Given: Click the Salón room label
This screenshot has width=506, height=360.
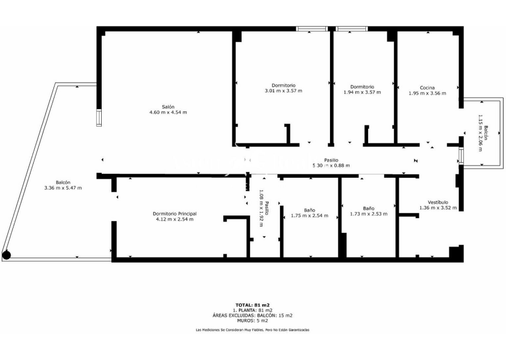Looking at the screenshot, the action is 168,107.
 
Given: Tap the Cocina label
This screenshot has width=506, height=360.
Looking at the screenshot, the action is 427,88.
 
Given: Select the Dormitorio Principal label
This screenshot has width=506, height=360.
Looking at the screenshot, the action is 175,214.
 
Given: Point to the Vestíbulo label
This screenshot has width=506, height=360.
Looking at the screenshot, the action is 438,202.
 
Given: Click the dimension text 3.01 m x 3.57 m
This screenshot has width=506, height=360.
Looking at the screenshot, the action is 283,91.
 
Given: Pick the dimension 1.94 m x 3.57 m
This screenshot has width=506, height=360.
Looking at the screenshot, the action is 362,92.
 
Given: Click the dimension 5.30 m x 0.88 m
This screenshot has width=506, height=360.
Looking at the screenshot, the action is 331,165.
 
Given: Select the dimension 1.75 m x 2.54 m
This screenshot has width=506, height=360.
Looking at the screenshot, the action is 309,215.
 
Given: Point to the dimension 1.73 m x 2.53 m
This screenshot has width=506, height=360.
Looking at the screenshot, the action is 368,214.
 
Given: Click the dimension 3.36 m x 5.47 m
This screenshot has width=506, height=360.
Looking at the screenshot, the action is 63,188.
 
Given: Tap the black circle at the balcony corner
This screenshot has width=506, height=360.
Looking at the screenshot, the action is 6,255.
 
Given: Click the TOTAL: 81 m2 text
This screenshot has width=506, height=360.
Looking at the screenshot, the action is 252,305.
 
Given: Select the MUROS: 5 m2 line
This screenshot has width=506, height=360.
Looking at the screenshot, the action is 252,321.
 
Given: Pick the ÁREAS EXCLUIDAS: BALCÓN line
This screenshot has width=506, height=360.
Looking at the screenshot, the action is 252,316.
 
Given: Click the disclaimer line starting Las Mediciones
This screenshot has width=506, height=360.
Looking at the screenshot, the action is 252,330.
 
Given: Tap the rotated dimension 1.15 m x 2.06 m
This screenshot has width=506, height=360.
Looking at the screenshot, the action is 481,133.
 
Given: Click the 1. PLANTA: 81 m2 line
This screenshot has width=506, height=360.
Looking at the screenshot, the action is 252,310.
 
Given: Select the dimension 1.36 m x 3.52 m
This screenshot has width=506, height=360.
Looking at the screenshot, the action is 438,208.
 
